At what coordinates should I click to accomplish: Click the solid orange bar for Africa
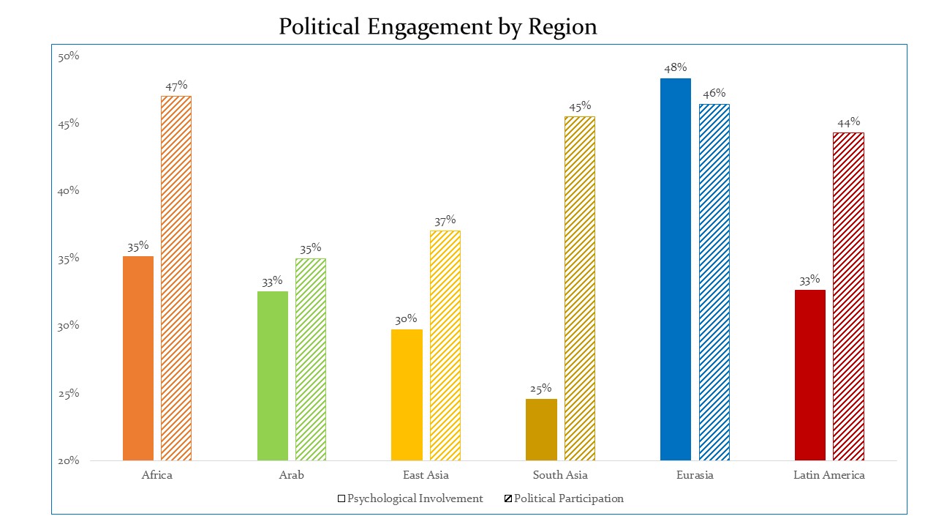coord(138,358)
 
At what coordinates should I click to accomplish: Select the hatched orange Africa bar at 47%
coord(176,278)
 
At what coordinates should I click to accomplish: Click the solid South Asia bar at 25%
coord(541,430)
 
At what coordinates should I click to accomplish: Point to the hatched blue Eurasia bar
coord(714,283)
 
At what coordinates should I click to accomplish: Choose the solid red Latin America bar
coord(809,375)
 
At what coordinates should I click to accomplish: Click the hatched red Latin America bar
coord(848,296)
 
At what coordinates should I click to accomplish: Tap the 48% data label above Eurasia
coord(675,68)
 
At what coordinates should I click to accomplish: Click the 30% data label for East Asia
coord(407,319)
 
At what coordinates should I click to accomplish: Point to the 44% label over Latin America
coord(848,122)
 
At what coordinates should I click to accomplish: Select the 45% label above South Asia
coord(580,106)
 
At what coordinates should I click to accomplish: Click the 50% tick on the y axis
coord(68,56)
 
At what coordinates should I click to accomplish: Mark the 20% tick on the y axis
coord(68,461)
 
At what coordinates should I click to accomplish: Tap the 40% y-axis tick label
coord(68,191)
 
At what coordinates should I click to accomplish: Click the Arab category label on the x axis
coord(291,475)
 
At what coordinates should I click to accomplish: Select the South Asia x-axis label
coord(560,475)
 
